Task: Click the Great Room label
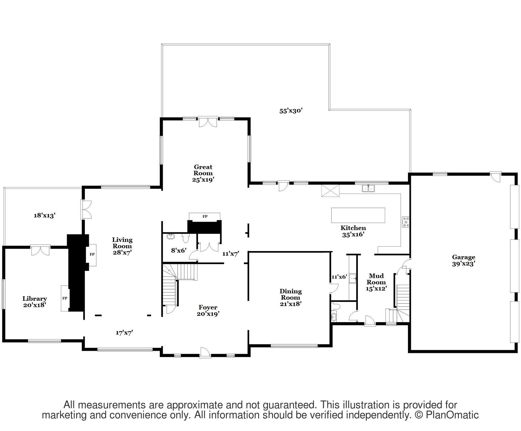[x=203, y=173]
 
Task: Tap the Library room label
[x=35, y=302]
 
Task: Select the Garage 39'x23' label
[x=464, y=260]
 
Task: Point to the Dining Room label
[x=291, y=297]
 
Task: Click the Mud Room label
[x=376, y=282]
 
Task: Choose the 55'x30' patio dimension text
[x=291, y=111]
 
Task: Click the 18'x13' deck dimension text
[x=45, y=215]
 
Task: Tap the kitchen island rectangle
[x=358, y=215]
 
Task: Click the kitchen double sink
[x=368, y=188]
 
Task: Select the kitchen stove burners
[x=406, y=222]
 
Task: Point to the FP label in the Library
[x=65, y=298]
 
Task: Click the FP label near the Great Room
[x=205, y=216]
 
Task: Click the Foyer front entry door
[x=205, y=353]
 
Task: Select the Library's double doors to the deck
[x=41, y=250]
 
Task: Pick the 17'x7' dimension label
[x=124, y=333]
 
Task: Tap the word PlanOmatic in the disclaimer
[x=452, y=415]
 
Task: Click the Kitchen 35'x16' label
[x=353, y=231]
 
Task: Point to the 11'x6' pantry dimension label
[x=339, y=277]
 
